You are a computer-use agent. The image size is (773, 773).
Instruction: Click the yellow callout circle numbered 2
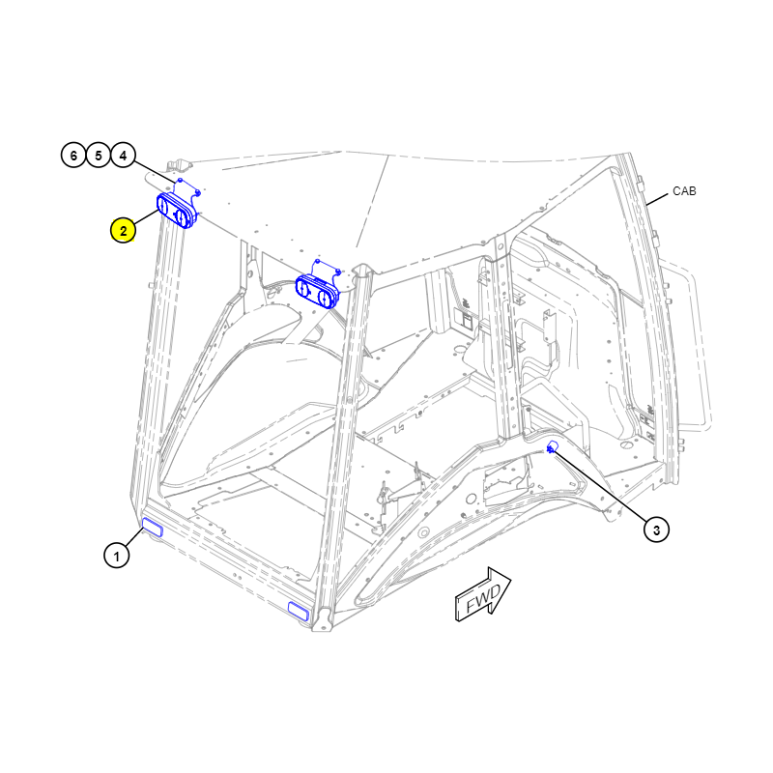(123, 230)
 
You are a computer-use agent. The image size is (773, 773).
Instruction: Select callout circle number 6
(73, 156)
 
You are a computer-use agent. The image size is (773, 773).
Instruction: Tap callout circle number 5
(99, 156)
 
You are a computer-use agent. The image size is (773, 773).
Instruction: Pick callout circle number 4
(124, 156)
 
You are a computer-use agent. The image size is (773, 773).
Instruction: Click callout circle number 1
(116, 556)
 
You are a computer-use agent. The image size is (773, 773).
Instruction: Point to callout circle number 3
(656, 530)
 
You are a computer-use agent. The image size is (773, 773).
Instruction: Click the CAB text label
(684, 191)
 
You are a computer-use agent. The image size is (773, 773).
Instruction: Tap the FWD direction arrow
(482, 594)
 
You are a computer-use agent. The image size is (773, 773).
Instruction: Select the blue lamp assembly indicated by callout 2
(177, 211)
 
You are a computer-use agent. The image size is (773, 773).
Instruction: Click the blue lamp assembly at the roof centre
(317, 292)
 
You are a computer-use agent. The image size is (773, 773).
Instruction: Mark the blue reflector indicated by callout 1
(153, 527)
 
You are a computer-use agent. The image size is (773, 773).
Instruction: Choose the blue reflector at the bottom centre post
(299, 611)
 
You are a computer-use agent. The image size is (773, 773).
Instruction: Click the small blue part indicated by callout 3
(552, 447)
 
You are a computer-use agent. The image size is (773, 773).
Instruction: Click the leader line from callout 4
(155, 173)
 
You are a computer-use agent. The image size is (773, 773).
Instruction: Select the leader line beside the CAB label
(657, 200)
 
